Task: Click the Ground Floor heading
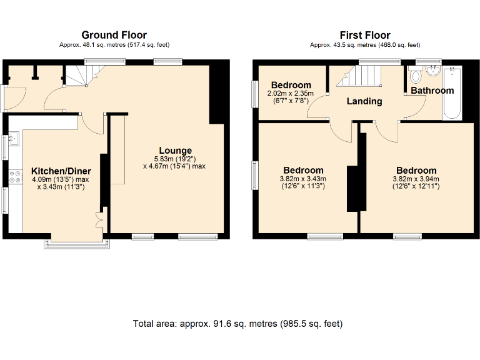(x=114, y=35)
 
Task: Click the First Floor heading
(x=365, y=35)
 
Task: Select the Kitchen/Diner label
(x=61, y=171)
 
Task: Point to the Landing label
(x=364, y=101)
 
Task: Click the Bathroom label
(x=432, y=91)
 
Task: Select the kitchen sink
(x=14, y=137)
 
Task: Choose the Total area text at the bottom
(x=237, y=324)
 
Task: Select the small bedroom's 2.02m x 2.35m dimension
(x=291, y=94)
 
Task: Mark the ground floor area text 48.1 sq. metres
(x=114, y=45)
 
